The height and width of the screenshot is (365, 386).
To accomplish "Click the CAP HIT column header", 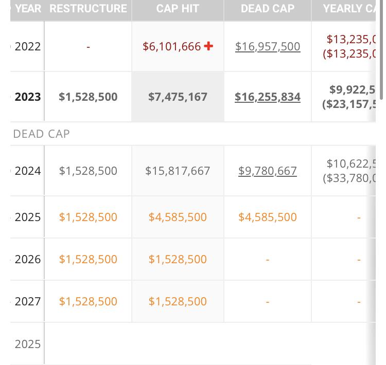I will click(x=178, y=9).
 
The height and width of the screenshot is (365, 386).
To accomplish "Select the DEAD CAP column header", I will click(x=268, y=9).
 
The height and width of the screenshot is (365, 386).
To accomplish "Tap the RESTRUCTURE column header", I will click(x=88, y=9).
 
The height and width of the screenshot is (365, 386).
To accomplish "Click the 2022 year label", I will click(x=28, y=46).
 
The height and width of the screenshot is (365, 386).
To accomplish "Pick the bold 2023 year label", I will click(x=28, y=97).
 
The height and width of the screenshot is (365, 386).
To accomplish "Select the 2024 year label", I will click(x=28, y=171).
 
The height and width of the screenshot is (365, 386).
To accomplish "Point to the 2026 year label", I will click(x=28, y=259).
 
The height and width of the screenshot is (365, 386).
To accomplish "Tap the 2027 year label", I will click(x=28, y=301).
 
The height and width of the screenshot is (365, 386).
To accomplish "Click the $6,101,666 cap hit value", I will click(x=172, y=46).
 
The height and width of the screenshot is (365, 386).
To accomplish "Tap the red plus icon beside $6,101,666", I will click(x=208, y=46).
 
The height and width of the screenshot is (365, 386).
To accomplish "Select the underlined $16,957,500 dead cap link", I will click(x=268, y=46).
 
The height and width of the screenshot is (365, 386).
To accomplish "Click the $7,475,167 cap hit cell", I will click(x=178, y=97).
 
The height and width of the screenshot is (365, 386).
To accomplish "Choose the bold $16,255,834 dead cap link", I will click(x=268, y=97).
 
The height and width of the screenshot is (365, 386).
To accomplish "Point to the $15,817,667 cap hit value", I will click(x=178, y=171).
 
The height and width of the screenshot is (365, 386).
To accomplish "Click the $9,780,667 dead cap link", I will click(x=268, y=171).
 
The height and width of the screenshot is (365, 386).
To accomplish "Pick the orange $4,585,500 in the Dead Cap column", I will click(x=268, y=217).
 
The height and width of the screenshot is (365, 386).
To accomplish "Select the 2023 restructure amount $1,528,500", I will click(x=88, y=97).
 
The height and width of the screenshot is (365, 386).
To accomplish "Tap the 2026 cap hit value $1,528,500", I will click(x=178, y=259).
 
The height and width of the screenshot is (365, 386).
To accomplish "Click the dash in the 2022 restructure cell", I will click(x=88, y=47).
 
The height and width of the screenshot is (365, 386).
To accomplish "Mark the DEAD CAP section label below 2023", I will click(x=41, y=134).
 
